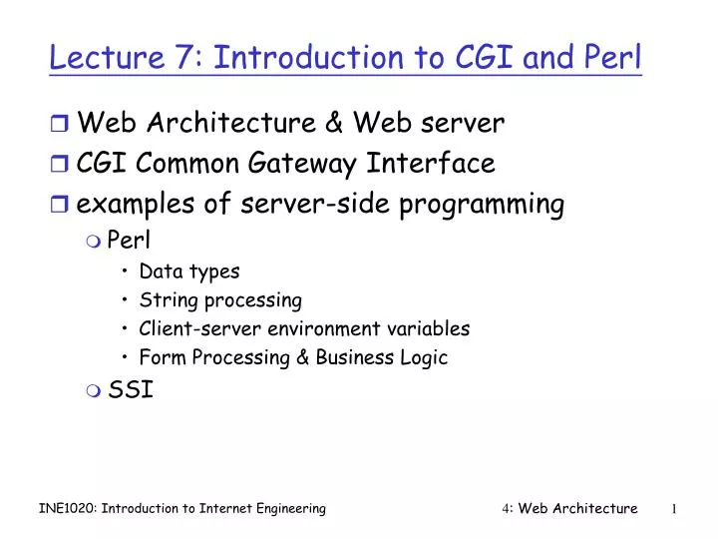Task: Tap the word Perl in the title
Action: [614, 57]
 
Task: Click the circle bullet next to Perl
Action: [95, 241]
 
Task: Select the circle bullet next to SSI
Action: [95, 390]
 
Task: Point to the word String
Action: [165, 300]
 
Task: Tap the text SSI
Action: [131, 389]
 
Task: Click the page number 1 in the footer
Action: [675, 509]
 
